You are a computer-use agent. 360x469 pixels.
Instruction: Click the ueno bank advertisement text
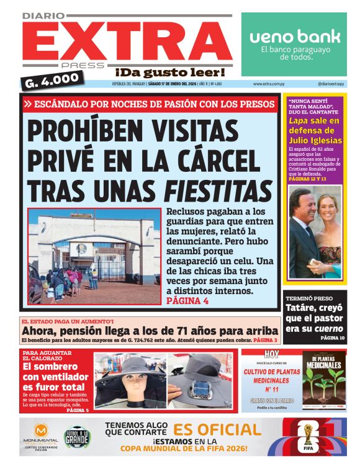click(x=295, y=37)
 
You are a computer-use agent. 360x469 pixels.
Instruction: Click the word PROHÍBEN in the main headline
click(x=88, y=130)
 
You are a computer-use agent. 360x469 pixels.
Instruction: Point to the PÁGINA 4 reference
click(x=187, y=301)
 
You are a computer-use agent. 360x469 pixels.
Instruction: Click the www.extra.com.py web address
click(x=269, y=84)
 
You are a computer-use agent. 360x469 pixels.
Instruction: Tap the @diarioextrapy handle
click(x=331, y=84)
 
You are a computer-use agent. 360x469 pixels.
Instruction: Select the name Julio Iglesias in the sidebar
click(x=313, y=140)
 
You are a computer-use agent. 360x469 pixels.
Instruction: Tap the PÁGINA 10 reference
click(x=332, y=338)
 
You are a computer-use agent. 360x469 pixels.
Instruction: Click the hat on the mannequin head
click(x=128, y=372)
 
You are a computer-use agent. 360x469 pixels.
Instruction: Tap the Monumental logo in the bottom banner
click(x=42, y=435)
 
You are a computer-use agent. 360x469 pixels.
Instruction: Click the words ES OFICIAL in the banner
click(x=217, y=429)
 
